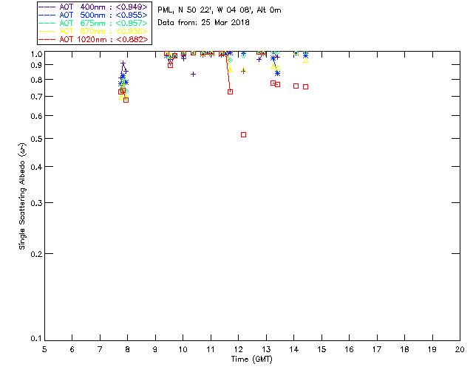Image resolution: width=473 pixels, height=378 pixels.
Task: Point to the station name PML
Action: [165, 10]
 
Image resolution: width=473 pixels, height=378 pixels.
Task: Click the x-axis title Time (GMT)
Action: [252, 359]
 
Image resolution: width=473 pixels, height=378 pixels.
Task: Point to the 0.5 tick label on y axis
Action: [35, 139]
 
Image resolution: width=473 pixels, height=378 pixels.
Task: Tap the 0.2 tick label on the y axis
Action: [35, 254]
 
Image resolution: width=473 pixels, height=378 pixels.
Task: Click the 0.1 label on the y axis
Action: [35, 340]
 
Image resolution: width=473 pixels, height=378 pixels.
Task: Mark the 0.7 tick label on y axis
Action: [35, 97]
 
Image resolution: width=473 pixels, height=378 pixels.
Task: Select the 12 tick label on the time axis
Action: [238, 348]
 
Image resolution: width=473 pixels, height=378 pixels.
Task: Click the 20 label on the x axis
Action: [460, 348]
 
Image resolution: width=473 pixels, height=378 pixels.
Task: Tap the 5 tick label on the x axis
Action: [44, 348]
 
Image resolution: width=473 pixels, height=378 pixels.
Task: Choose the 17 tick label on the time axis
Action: [377, 348]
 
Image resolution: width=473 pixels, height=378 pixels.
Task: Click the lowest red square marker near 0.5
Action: [243, 134]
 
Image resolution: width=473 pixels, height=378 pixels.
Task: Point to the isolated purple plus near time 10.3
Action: [193, 74]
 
